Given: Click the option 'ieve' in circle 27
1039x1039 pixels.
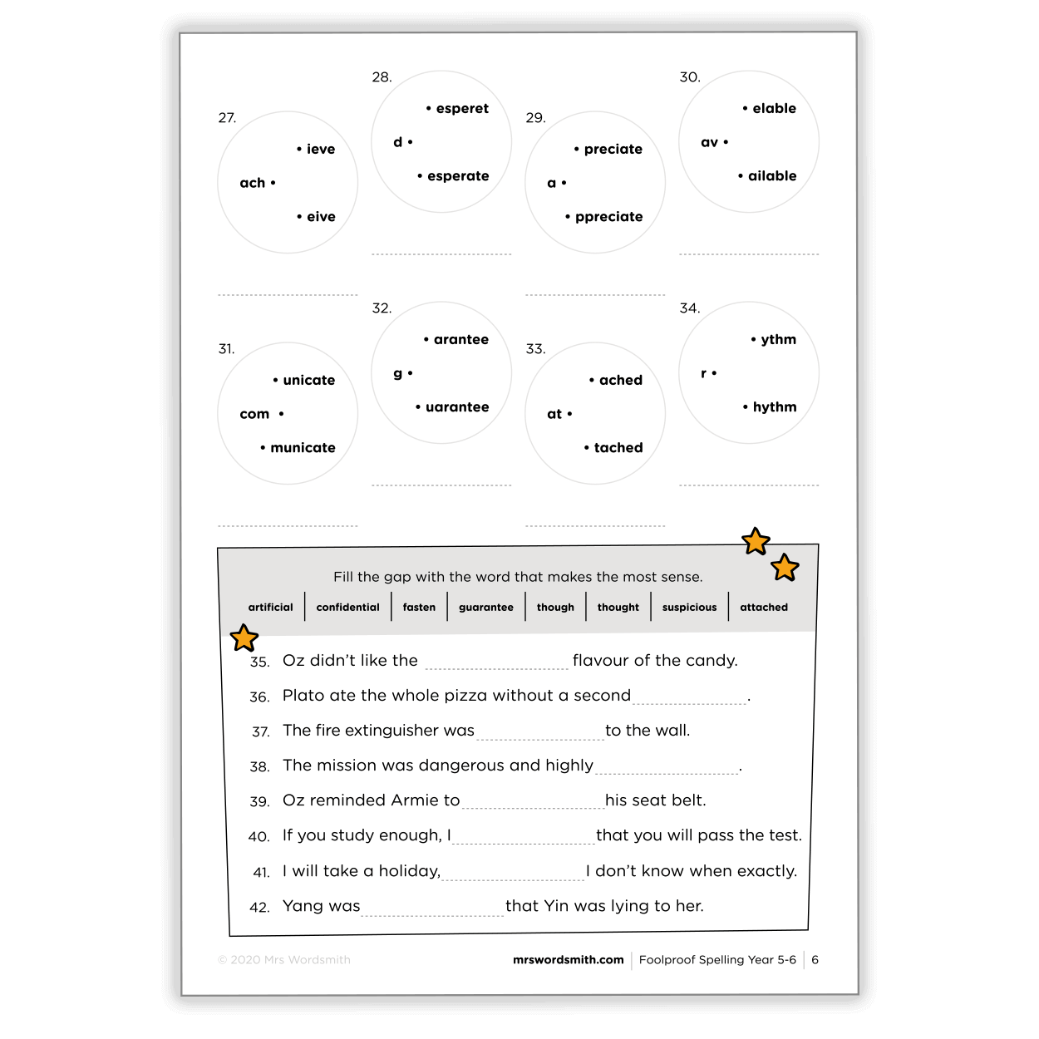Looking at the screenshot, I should coord(320,150).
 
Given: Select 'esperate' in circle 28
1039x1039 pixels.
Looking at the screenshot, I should coord(458,176).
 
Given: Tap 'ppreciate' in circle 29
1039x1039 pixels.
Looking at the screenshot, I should coord(608,217).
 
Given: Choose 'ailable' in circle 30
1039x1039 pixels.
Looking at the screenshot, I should coord(772,176).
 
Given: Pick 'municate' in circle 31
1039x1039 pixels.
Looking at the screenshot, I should coord(303,448).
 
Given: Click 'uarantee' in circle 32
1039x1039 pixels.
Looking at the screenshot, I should coord(457,407).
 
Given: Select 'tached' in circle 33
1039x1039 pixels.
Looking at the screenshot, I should coord(618,448).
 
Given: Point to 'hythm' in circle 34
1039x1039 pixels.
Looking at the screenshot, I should coord(775,407).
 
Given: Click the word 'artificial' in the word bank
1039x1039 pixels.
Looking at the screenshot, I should coord(270,608).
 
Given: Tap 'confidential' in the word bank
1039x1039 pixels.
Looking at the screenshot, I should coord(347,608).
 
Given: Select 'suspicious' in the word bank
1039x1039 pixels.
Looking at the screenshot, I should coord(689,608).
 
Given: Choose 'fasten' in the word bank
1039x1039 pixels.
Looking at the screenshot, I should coord(419,608).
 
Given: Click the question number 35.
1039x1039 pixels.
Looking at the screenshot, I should coord(259,662).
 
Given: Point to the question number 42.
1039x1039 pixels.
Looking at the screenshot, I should coord(259,908).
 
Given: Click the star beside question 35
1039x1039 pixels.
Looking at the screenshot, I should coord(244,638).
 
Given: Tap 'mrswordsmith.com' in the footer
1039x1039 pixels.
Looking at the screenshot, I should coord(568,960).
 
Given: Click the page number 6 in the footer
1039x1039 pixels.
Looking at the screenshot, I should coord(815,960).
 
